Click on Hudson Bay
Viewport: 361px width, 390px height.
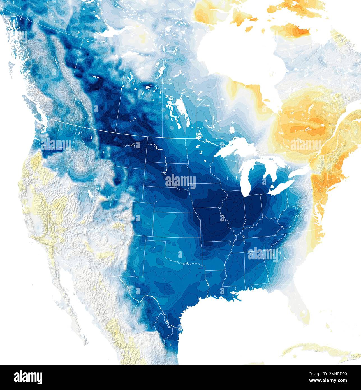click(241, 53)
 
